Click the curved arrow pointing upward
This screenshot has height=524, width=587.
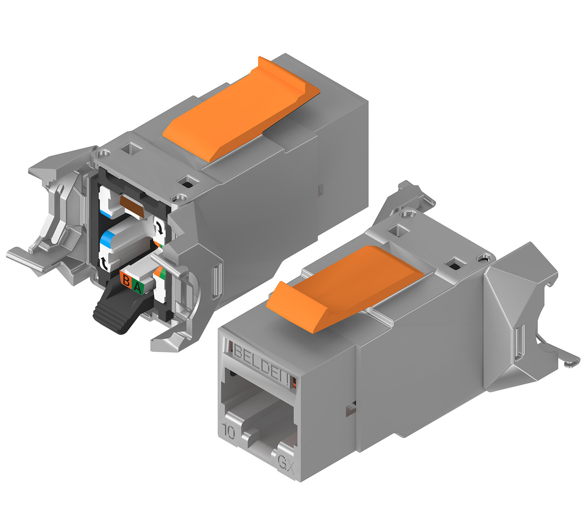[105, 262]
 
